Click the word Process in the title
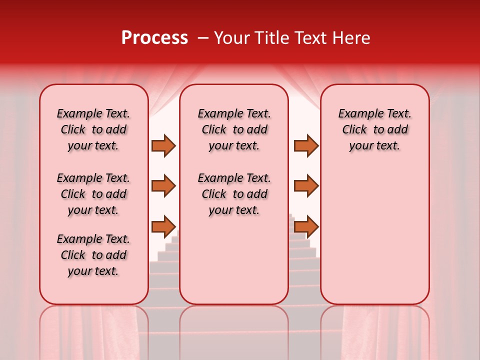tap(154, 38)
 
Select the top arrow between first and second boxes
tap(163, 145)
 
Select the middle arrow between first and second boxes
tap(163, 186)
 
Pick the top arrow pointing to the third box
tap(306, 145)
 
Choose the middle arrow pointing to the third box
tap(306, 186)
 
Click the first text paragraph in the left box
tap(93, 129)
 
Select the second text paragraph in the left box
tap(93, 194)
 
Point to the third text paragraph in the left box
tap(93, 255)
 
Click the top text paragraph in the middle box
tap(234, 129)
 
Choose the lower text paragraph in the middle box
tap(234, 194)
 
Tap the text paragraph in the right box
tap(374, 129)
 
